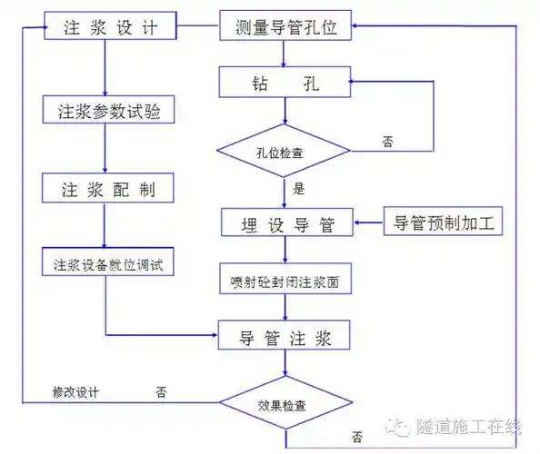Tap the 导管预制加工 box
click(444, 222)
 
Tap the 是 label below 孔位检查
click(297, 191)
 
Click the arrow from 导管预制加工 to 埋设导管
click(367, 222)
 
